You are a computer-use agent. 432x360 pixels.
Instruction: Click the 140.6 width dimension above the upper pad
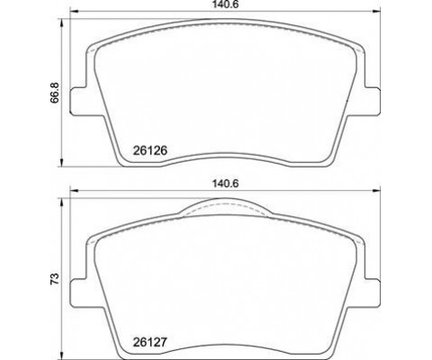click(x=225, y=4)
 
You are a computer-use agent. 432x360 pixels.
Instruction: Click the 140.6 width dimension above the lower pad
click(x=225, y=184)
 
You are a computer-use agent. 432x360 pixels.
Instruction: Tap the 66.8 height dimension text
click(x=55, y=93)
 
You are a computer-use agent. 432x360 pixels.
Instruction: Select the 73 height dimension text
click(x=54, y=279)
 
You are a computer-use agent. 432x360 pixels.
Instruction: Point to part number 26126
click(x=149, y=150)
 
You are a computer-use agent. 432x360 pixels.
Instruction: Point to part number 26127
click(x=149, y=342)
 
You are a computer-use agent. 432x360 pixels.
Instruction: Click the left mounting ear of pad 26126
click(x=79, y=101)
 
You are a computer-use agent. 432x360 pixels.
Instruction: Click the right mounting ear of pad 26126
click(x=372, y=101)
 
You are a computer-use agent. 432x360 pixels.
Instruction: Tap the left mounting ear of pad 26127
click(x=79, y=292)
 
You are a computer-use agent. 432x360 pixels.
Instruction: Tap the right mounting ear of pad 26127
click(x=372, y=292)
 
